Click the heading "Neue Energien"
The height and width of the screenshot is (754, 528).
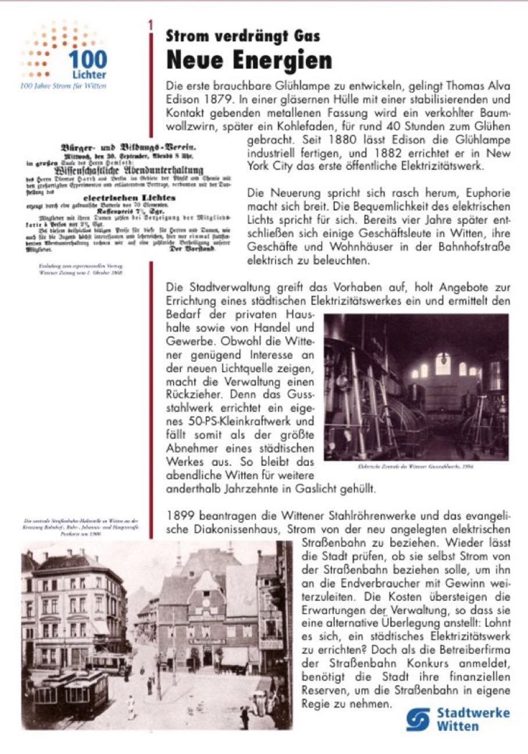click(249, 60)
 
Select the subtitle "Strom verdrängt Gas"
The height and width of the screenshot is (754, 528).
click(242, 36)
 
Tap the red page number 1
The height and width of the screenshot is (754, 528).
click(151, 26)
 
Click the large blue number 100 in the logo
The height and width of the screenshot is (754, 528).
click(87, 60)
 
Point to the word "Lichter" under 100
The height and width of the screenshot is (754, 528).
click(89, 76)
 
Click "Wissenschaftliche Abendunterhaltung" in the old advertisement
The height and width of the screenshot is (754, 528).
click(120, 170)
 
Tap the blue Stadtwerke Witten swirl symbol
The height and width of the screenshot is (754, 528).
click(419, 720)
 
